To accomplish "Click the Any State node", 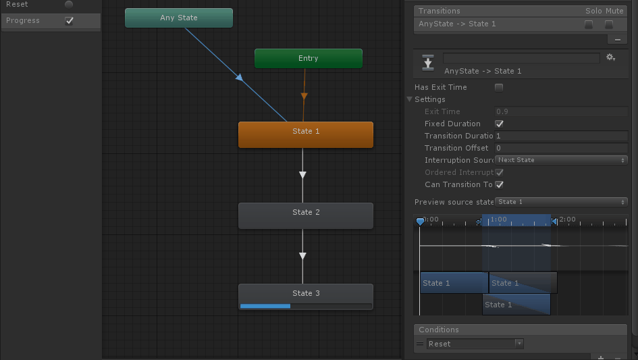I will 179,18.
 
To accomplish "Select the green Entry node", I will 308,59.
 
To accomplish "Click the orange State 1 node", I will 305,134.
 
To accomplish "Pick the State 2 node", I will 305,215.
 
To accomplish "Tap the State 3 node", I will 305,293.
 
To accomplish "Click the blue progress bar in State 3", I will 265,306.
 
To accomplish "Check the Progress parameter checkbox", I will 69,21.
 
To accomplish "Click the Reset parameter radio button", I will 69,5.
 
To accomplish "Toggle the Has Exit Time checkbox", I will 499,87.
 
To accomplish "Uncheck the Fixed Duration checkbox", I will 499,124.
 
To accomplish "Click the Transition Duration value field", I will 560,136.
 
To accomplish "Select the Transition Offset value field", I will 560,149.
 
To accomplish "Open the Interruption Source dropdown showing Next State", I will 561,160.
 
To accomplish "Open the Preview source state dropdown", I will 561,202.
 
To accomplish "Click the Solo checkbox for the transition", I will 589,24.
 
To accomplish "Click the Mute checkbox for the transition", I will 609,24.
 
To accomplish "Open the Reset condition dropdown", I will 475,344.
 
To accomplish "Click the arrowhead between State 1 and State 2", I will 302,175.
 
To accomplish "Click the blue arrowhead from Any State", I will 239,78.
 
